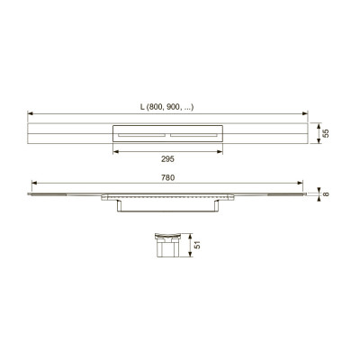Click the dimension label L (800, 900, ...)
[167, 107]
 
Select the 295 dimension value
[167, 159]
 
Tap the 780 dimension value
[167, 178]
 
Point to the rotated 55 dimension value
[326, 133]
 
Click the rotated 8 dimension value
[326, 194]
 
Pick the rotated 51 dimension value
[197, 245]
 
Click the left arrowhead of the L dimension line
[30, 113]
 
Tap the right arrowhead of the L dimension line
[305, 113]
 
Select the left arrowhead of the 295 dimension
[115, 152]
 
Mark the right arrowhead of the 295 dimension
[220, 152]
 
